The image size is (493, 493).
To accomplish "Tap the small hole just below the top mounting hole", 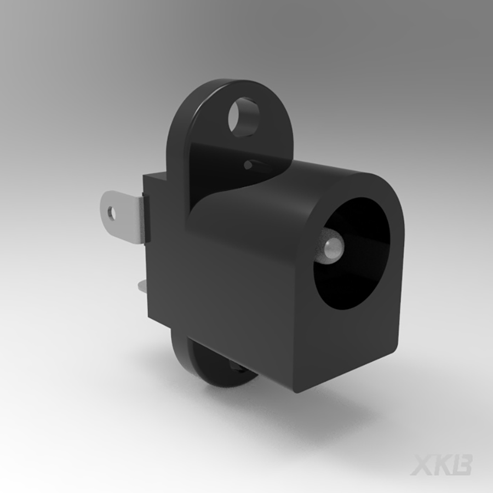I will [x=249, y=164].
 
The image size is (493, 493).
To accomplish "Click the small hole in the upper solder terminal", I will [x=112, y=211].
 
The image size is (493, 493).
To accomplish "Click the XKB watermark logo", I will [x=442, y=464].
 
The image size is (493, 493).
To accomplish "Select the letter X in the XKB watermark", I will [x=422, y=464].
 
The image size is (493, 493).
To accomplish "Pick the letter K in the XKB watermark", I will [x=443, y=464].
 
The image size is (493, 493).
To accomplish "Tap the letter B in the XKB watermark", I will [x=461, y=464].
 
